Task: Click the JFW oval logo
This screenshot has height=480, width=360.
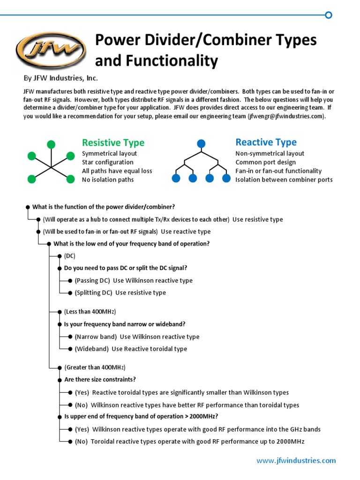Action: pos(51,50)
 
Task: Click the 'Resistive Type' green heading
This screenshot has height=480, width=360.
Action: pos(113,142)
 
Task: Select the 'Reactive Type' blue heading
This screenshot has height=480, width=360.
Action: pos(266,142)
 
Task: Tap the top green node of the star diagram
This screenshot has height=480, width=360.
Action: pos(51,144)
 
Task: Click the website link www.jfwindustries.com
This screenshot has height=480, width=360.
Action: pos(296,460)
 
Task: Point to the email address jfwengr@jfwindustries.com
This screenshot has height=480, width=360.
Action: pos(286,116)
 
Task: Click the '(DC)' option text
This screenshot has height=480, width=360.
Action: pos(69,256)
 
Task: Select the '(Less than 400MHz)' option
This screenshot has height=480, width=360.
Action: pos(90,312)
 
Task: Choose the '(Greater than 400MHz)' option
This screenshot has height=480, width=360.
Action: pos(95,367)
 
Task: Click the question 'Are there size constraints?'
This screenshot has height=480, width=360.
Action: pos(100,379)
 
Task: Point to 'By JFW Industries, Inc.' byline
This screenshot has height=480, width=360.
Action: pos(61,78)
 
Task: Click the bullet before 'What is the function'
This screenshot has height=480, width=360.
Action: pos(28,207)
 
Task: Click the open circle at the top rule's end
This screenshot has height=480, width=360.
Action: pos(329,15)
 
